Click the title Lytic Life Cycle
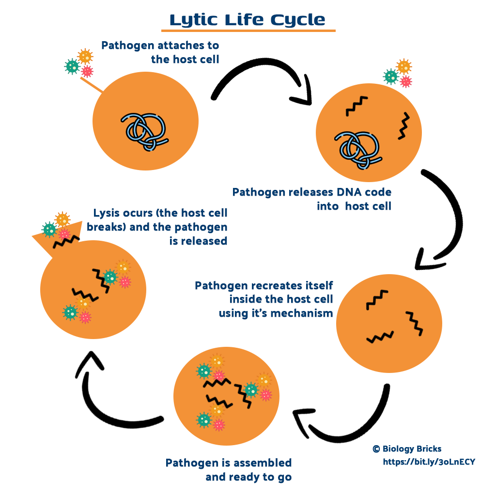[x=248, y=20]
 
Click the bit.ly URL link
[x=429, y=462]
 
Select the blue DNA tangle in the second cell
[x=357, y=149]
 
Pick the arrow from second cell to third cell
[x=446, y=218]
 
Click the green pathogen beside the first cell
[x=72, y=66]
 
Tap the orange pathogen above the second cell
[x=403, y=66]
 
